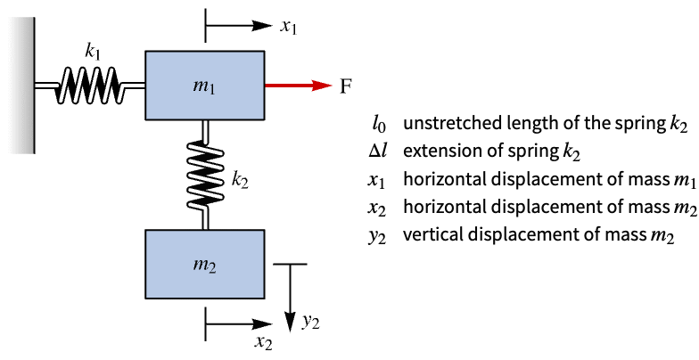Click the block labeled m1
click(204, 86)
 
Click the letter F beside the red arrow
click(346, 86)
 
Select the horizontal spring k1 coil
click(89, 86)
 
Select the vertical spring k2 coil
click(205, 174)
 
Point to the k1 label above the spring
click(93, 52)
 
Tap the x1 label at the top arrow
click(288, 27)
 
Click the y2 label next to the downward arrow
click(310, 323)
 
